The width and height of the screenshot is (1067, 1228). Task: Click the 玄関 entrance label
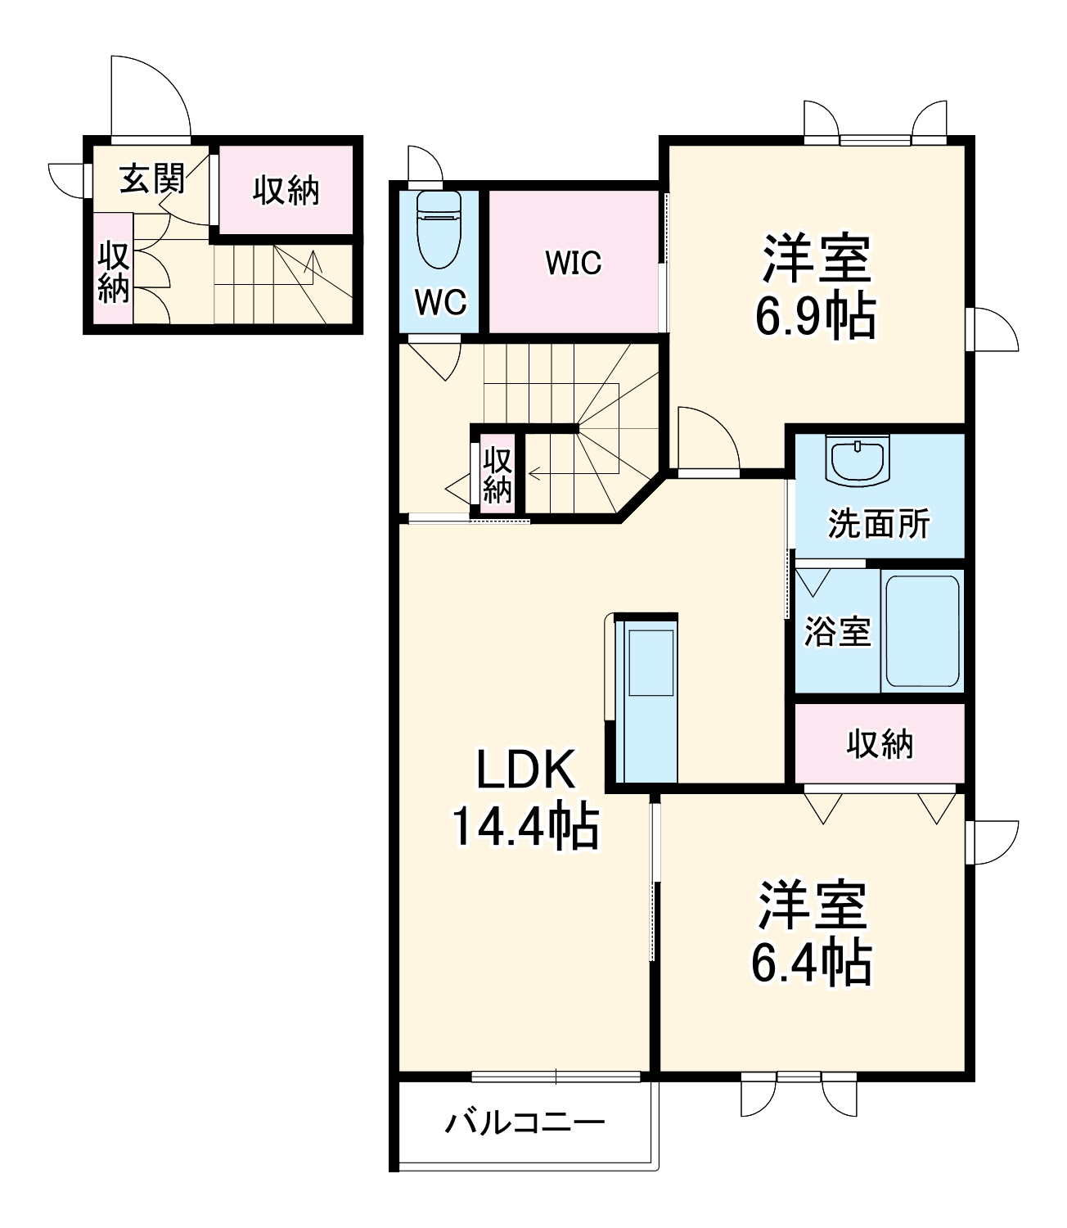(151, 178)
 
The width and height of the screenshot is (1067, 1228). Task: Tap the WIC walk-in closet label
(574, 262)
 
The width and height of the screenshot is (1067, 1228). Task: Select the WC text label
(440, 302)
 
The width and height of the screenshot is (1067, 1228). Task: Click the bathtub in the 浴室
(922, 631)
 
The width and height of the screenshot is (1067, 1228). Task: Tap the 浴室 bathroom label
(837, 631)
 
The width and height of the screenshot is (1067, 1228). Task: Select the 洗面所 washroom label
(879, 523)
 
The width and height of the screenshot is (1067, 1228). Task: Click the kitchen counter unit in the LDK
(646, 701)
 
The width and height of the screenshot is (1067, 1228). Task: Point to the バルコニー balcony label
(524, 1123)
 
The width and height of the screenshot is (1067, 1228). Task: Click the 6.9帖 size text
(816, 317)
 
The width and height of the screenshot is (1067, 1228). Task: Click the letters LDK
(525, 770)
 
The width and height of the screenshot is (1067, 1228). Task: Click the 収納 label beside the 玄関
(286, 191)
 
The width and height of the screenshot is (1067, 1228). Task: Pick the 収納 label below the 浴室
(880, 744)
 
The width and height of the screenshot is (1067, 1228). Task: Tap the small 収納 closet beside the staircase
(497, 475)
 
